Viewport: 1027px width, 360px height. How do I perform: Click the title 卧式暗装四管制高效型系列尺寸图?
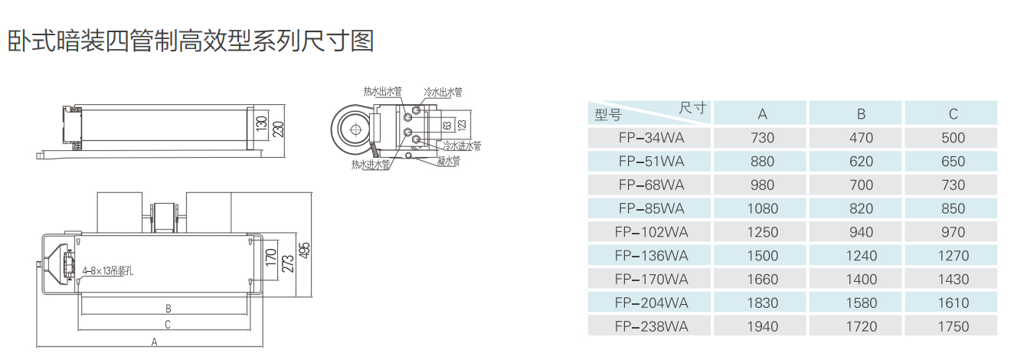pyautogui.click(x=191, y=41)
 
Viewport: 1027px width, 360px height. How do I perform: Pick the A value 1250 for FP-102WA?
pyautogui.click(x=762, y=233)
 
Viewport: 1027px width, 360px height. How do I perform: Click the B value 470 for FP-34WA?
pyautogui.click(x=861, y=139)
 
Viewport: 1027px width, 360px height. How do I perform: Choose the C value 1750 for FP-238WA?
pyautogui.click(x=953, y=327)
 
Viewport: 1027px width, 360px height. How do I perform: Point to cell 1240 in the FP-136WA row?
pyautogui.click(x=861, y=257)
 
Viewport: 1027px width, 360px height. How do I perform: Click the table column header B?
pyautogui.click(x=861, y=114)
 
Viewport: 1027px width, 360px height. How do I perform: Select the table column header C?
pyautogui.click(x=953, y=114)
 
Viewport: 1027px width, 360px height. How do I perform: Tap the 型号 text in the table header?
pyautogui.click(x=608, y=116)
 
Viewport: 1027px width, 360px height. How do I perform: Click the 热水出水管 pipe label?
pyautogui.click(x=382, y=91)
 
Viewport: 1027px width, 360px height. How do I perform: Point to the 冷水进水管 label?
pyautogui.click(x=462, y=145)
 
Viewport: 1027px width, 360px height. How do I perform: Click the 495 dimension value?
pyautogui.click(x=306, y=250)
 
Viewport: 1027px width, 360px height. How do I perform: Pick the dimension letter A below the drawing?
pyautogui.click(x=154, y=342)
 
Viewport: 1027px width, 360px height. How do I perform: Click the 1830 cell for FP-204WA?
pyautogui.click(x=762, y=303)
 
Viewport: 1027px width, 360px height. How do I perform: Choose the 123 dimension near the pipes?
pyautogui.click(x=461, y=123)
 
